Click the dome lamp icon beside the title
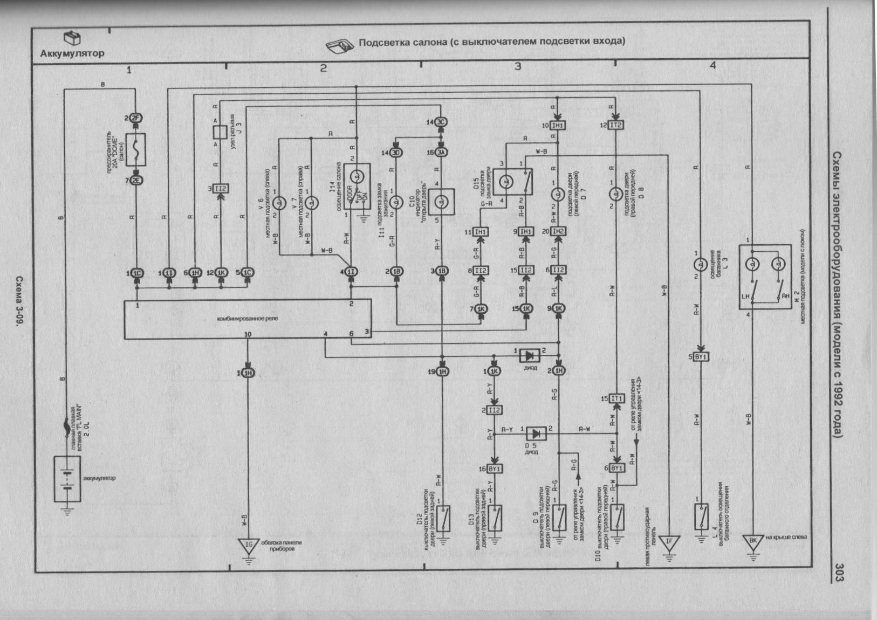(340, 45)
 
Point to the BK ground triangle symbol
(753, 541)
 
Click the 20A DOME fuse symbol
(135, 149)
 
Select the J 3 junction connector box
(220, 132)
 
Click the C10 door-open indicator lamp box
(442, 202)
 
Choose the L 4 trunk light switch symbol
(701, 516)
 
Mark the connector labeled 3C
(441, 122)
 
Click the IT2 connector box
(615, 125)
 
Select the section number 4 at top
(712, 65)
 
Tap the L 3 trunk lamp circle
(700, 265)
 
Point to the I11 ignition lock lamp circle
(396, 202)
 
